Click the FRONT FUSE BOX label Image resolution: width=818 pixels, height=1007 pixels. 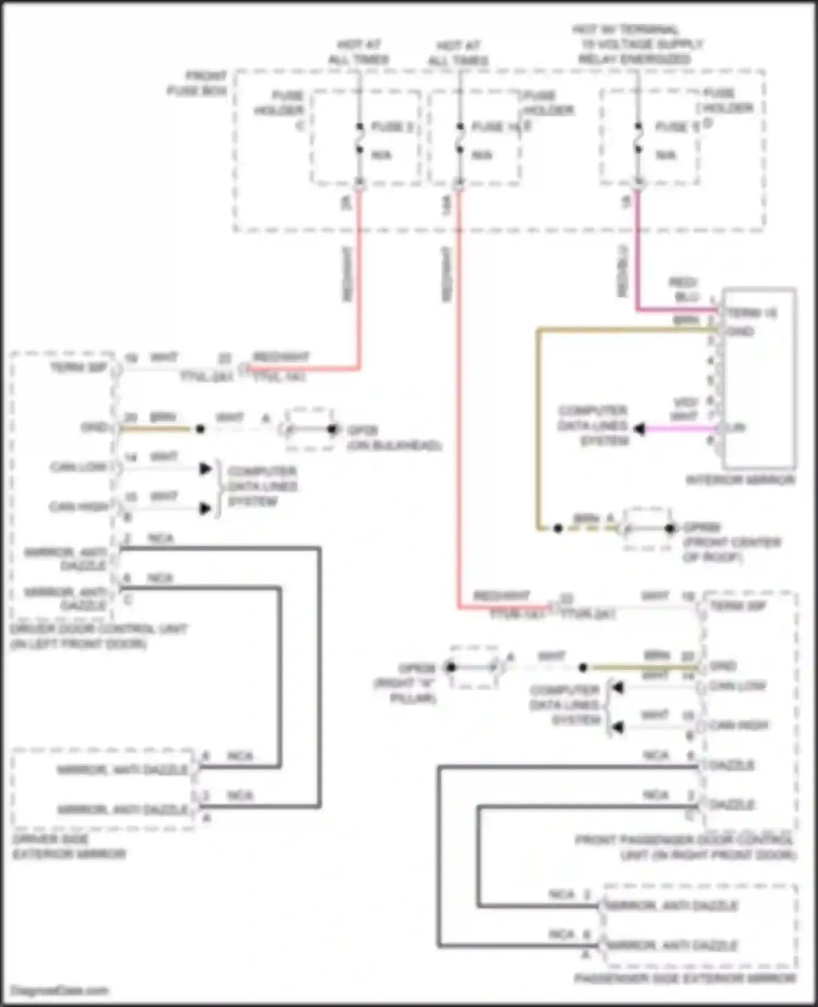click(197, 83)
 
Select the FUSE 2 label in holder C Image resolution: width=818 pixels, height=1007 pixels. click(392, 127)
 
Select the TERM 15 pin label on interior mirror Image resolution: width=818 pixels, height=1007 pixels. click(752, 313)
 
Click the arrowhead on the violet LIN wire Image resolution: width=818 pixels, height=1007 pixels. click(640, 429)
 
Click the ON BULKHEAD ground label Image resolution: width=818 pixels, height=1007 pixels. click(394, 446)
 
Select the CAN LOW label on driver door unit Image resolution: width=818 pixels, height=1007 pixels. click(79, 467)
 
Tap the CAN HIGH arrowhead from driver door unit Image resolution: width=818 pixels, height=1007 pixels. click(205, 508)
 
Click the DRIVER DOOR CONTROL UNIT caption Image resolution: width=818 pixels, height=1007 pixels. click(98, 636)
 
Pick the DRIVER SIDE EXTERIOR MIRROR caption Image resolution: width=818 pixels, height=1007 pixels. click(68, 847)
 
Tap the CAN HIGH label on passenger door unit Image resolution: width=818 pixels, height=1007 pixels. click(739, 726)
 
